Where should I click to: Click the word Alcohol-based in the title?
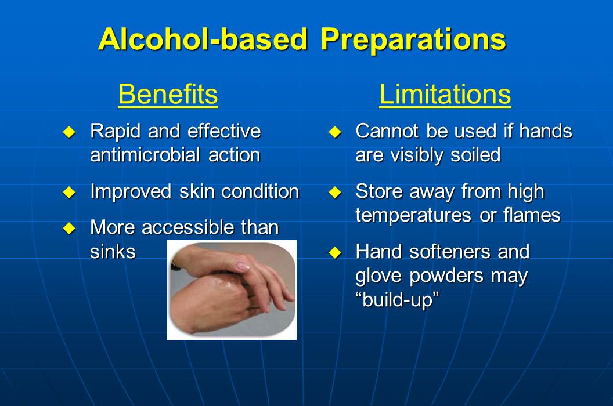coord(203,39)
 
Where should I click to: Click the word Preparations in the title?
coord(413,41)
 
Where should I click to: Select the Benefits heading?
coord(168,94)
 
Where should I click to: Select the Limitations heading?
coord(445,94)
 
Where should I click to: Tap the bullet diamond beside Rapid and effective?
coord(69,132)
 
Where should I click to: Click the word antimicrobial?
coord(146,155)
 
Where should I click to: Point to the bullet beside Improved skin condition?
coord(69,192)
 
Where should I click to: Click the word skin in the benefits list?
coord(196,191)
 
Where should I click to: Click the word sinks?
coord(113,251)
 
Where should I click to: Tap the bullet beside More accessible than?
coord(69,228)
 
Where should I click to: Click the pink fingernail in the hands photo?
coord(243,266)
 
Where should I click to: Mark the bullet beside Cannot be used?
coord(335,132)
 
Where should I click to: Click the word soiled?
coord(475,155)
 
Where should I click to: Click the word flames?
coord(532,215)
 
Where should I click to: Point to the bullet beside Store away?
coord(335,192)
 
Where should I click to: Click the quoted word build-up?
coord(398,300)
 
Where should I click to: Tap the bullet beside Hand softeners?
coord(335,252)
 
